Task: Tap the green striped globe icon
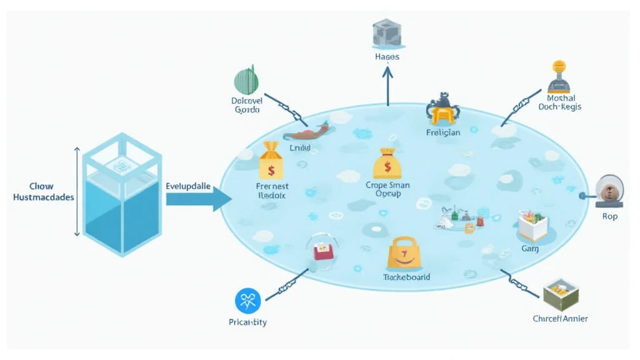(x=246, y=81)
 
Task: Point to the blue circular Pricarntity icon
(x=247, y=301)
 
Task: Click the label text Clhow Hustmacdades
(x=43, y=192)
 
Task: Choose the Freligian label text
(x=442, y=132)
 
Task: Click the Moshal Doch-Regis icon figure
(x=558, y=77)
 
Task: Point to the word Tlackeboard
(x=406, y=277)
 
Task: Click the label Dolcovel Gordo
(x=247, y=104)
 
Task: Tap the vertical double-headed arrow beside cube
(x=77, y=191)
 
